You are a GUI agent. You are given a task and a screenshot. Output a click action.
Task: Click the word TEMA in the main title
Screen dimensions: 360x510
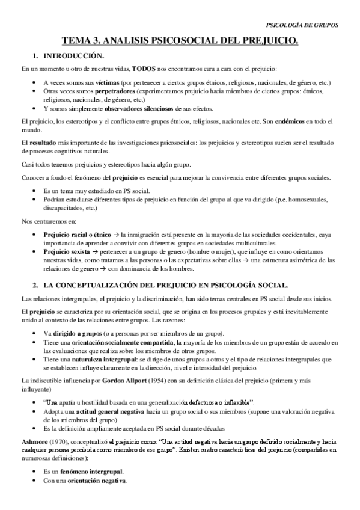[x=75, y=41]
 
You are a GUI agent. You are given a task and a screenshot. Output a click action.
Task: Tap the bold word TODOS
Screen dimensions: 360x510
[x=147, y=69]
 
